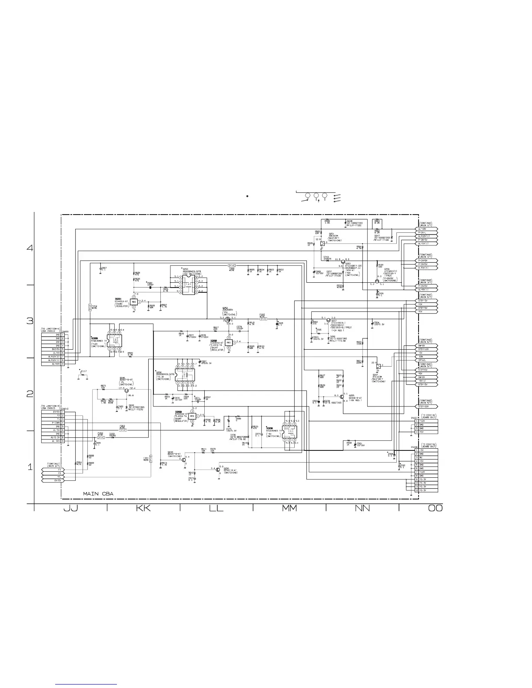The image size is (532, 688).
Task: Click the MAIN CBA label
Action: [x=98, y=494]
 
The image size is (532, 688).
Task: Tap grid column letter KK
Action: [x=143, y=508]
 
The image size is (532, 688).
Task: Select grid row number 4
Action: [x=30, y=248]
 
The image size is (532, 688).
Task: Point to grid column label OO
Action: [x=435, y=508]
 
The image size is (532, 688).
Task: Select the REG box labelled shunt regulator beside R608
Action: [x=133, y=301]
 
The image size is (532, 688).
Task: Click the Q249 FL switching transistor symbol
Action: [x=126, y=390]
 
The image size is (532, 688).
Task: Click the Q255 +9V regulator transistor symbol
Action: [x=342, y=397]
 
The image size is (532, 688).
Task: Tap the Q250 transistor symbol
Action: [x=218, y=470]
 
